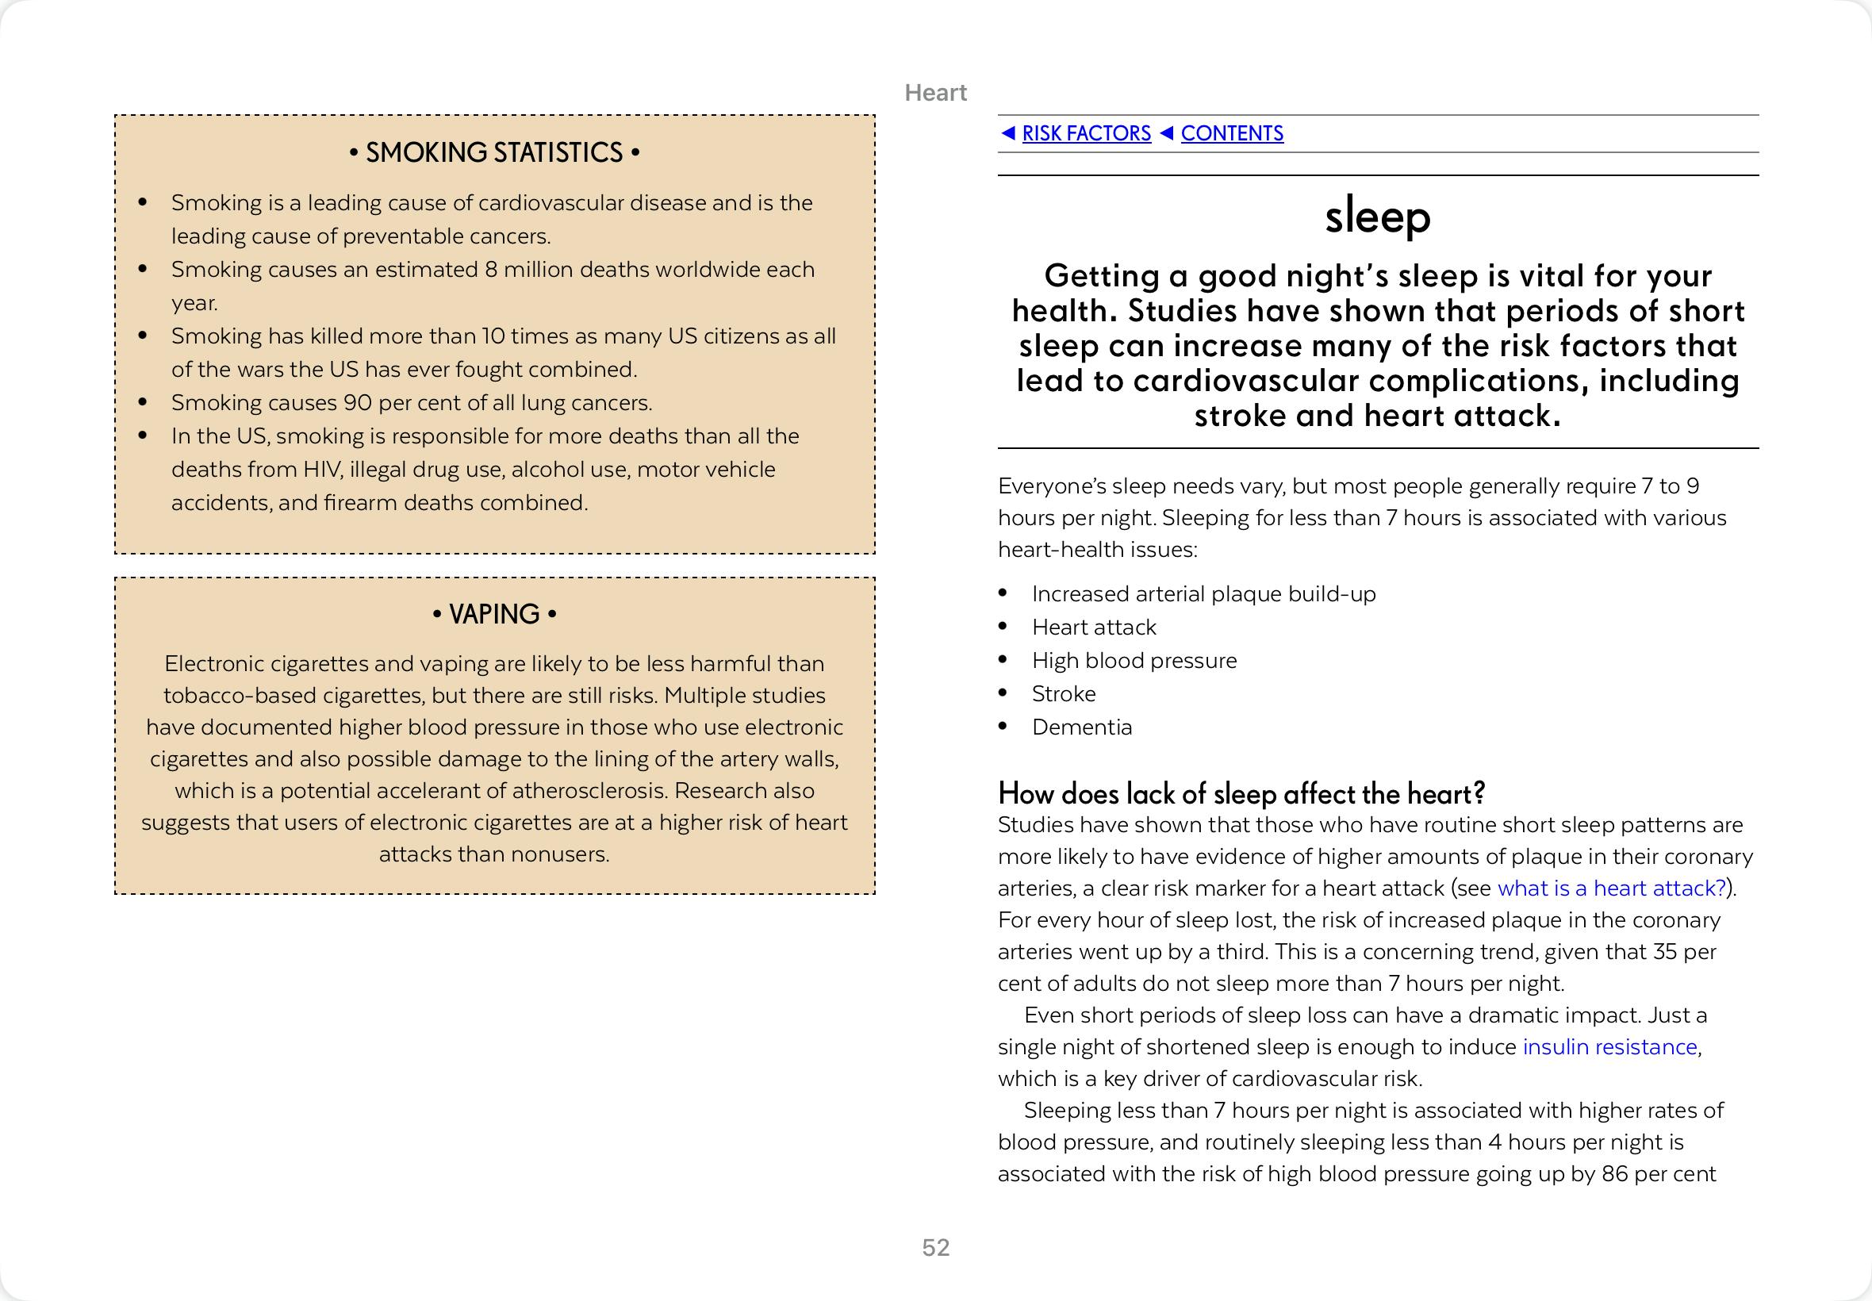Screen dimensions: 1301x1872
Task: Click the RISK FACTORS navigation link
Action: tap(1086, 134)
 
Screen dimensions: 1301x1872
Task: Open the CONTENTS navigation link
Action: tap(1231, 134)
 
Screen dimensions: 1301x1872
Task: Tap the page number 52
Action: tap(935, 1247)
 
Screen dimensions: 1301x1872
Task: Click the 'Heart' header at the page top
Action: tap(935, 93)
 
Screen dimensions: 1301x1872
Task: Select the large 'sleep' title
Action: tap(1377, 217)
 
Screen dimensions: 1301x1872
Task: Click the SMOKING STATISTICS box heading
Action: tap(494, 152)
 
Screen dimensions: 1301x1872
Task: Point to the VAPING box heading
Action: tap(494, 614)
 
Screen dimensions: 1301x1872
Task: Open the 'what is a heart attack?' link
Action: tap(1611, 888)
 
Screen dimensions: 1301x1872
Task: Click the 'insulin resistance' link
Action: tap(1609, 1046)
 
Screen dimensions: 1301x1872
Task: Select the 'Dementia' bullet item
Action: tap(1081, 727)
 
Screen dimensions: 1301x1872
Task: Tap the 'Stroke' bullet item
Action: tap(1064, 693)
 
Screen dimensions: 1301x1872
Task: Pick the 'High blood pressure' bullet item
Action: tap(1134, 660)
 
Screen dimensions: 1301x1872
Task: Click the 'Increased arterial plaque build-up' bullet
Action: tap(1203, 594)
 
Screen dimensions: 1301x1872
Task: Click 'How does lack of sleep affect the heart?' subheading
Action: tap(1241, 793)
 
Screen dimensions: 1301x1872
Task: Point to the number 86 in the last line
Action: tap(1614, 1174)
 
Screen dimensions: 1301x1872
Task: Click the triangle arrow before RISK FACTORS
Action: tap(1008, 132)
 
